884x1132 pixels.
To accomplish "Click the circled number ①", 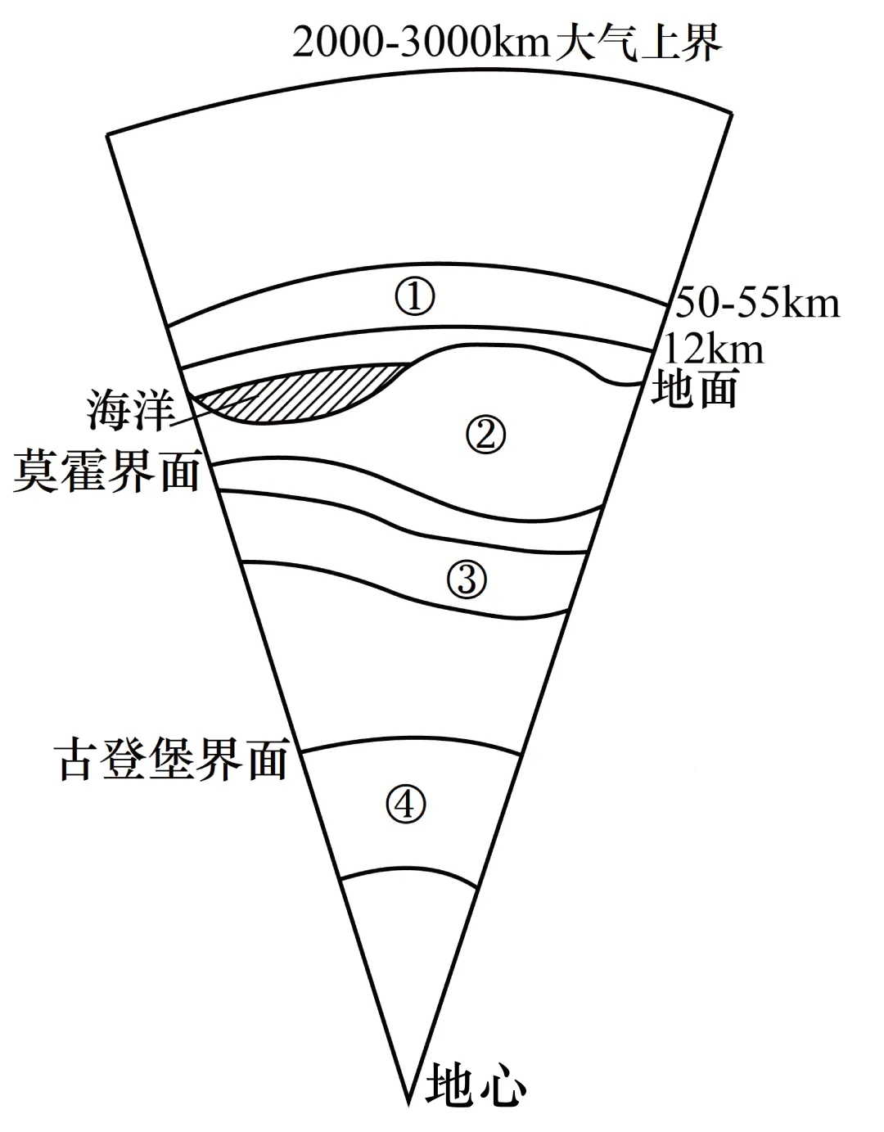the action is (415, 297).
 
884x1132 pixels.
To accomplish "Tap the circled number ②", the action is (485, 435).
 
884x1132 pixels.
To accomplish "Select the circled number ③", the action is (467, 580).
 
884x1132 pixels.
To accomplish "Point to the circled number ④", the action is (406, 805).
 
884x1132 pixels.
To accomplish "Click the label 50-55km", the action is (757, 304).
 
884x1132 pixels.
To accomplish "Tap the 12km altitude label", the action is (714, 350).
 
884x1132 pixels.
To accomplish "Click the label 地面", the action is (694, 389).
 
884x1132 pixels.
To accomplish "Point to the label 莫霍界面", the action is (106, 472).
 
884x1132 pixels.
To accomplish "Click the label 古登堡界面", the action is (173, 760).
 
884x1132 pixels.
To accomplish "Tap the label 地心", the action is (475, 1085).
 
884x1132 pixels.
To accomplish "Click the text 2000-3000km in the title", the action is (421, 43).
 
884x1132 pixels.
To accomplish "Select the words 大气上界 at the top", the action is (639, 43).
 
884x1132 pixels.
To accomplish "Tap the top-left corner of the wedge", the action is (108, 133).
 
